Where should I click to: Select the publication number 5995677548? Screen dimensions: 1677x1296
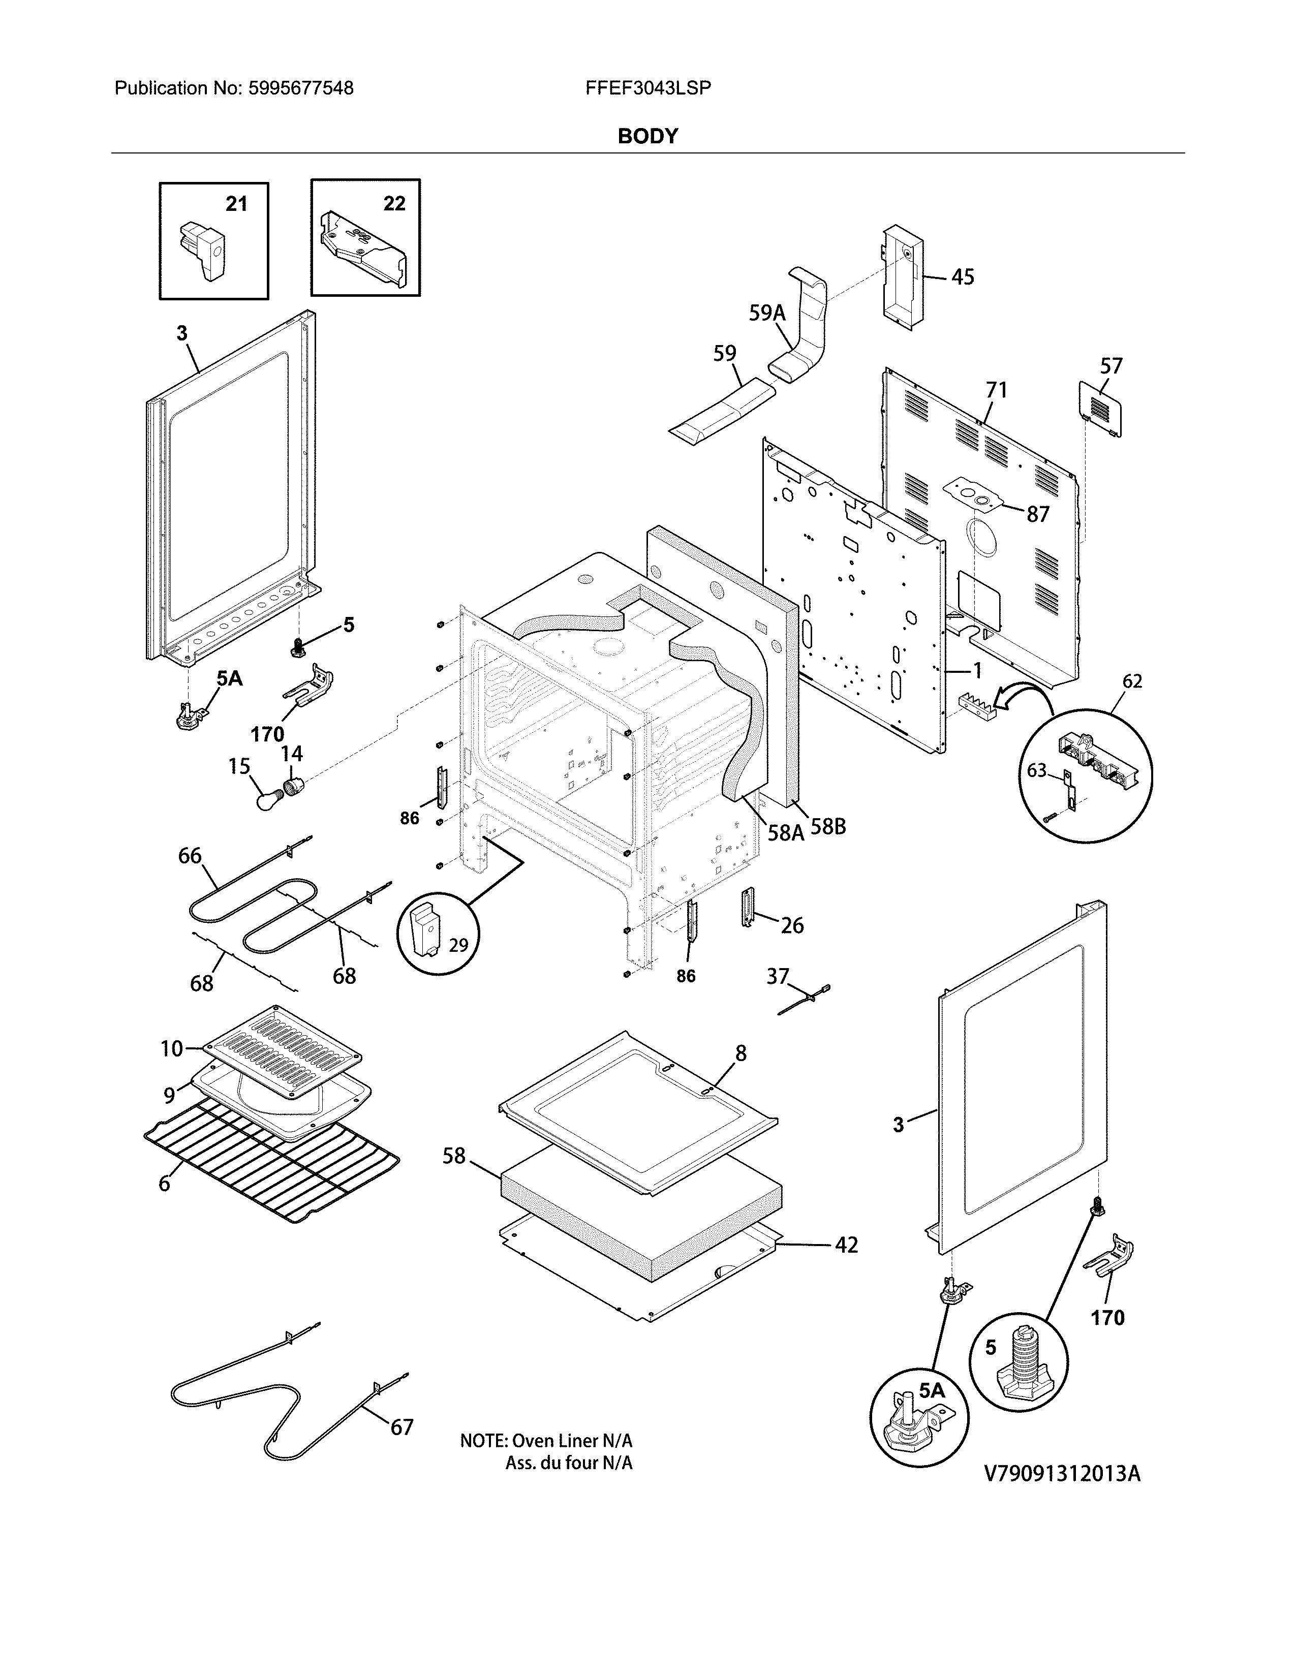point(301,88)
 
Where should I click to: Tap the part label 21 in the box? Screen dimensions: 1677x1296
point(236,203)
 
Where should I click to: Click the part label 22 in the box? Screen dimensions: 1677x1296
point(394,203)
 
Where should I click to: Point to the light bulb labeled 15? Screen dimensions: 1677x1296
point(268,801)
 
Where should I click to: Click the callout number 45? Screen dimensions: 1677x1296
point(962,276)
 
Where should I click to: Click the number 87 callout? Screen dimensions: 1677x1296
point(1037,514)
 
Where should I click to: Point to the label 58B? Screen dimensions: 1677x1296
point(828,827)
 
